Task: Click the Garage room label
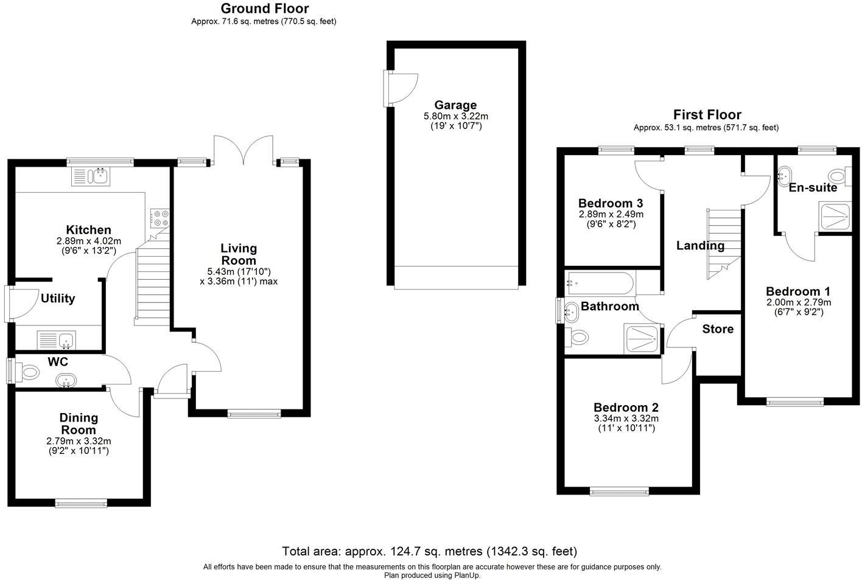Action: point(455,105)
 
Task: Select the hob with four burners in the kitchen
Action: point(160,218)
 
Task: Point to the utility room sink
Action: point(55,339)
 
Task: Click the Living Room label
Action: point(239,254)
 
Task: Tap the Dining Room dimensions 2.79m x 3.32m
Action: point(79,441)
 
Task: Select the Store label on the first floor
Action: point(718,329)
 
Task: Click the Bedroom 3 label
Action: point(610,203)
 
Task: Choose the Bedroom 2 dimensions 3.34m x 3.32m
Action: point(626,419)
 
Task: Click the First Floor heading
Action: point(707,114)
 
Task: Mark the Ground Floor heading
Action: point(264,9)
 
